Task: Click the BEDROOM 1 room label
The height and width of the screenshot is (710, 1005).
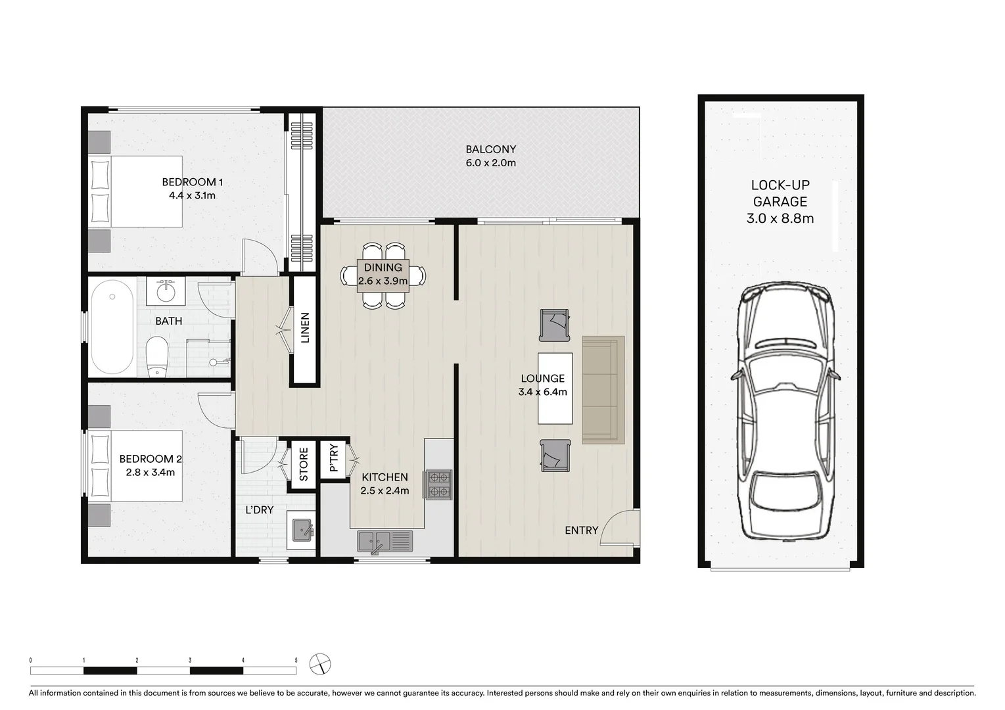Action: (x=189, y=182)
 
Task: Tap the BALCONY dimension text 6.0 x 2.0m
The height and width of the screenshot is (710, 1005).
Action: (x=490, y=163)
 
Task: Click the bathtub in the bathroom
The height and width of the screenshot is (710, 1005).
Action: (x=112, y=327)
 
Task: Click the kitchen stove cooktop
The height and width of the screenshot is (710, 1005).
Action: (x=438, y=485)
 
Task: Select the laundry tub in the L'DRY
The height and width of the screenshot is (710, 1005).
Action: (x=302, y=529)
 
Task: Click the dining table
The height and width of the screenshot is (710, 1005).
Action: (x=383, y=275)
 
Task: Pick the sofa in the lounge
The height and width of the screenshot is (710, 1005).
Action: (x=603, y=390)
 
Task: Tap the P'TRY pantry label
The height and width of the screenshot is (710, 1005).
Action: (x=333, y=459)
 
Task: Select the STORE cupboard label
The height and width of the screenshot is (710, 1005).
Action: (x=304, y=465)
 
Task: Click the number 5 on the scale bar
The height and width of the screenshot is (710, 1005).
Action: (x=296, y=660)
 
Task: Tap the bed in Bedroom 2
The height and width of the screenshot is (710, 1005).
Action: (x=137, y=465)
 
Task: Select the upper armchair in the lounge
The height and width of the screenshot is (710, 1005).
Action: (x=554, y=325)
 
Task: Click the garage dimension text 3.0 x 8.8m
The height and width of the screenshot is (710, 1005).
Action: (x=780, y=218)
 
